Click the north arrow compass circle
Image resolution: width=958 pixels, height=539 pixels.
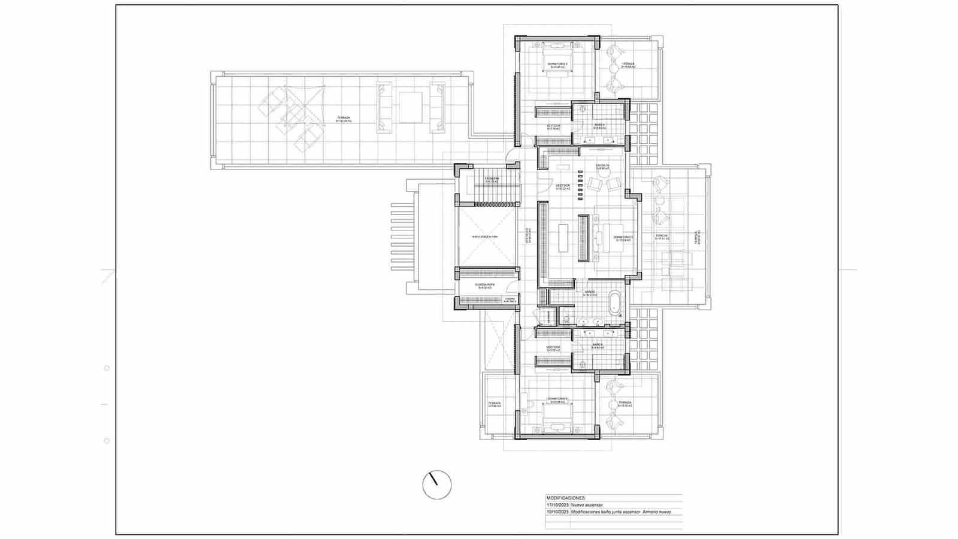point(436,485)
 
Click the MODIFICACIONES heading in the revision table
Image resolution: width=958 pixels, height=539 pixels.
point(566,498)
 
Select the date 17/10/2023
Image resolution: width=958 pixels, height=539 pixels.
point(557,505)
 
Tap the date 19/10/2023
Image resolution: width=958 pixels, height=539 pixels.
point(557,512)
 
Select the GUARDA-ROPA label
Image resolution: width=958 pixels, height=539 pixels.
point(484,285)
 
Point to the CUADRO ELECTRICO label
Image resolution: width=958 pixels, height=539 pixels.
point(510,299)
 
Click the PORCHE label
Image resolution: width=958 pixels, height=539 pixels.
point(661,236)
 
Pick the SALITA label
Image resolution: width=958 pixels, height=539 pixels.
point(602,166)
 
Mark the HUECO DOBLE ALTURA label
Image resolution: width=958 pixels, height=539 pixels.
point(484,237)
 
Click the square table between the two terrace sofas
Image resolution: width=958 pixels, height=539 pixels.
point(411,107)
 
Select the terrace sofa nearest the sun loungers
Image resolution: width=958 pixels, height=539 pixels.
point(384,107)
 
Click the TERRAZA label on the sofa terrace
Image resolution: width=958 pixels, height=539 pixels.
point(343,119)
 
